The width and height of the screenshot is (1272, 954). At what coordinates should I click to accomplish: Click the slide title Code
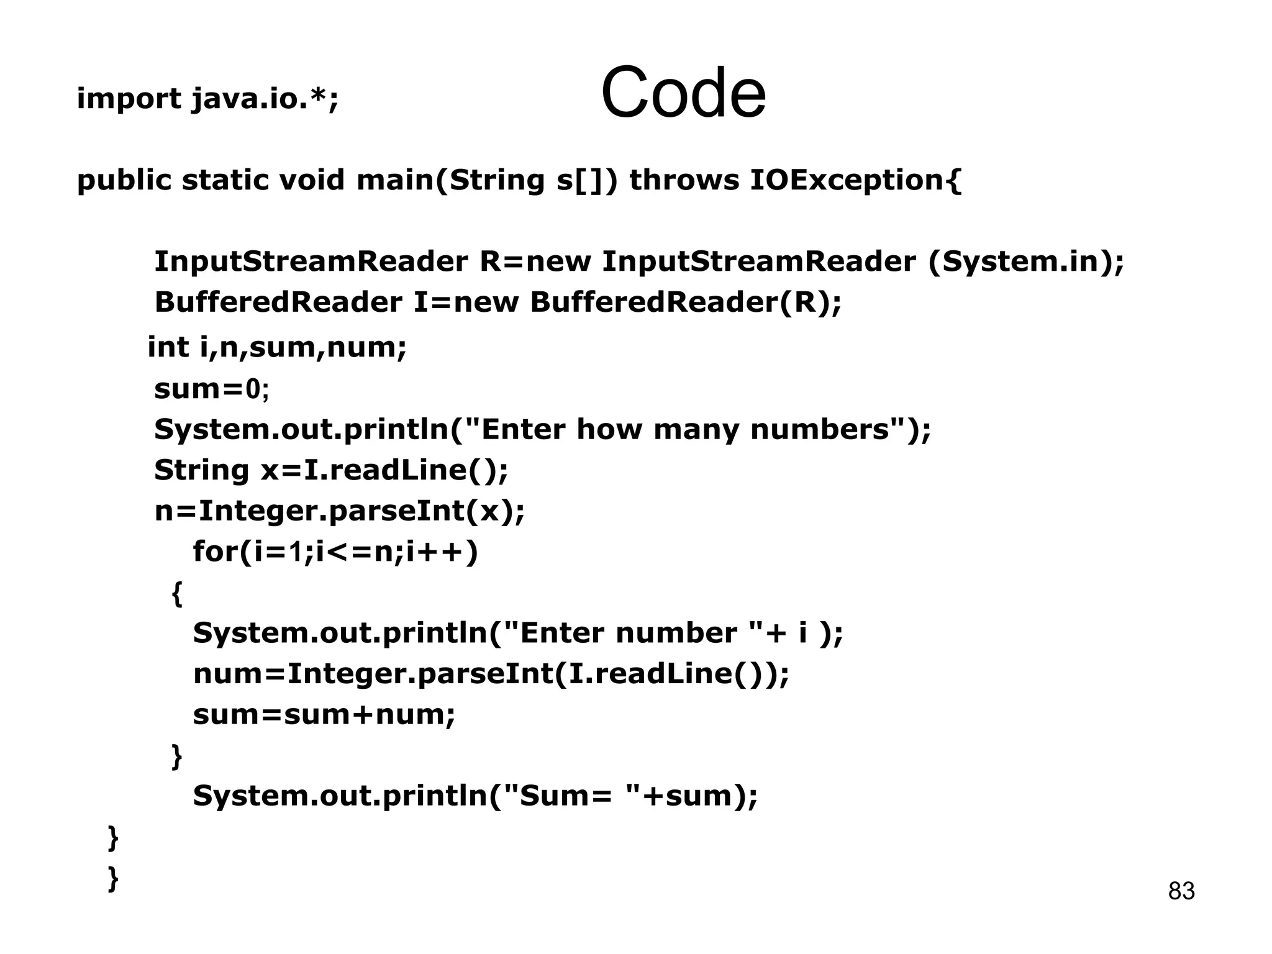[683, 93]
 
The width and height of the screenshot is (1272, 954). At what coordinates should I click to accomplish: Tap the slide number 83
[1181, 891]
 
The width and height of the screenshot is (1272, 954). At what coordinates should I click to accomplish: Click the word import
[129, 99]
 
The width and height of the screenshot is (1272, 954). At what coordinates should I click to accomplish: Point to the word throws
[684, 181]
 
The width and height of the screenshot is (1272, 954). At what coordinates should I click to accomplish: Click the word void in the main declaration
[311, 181]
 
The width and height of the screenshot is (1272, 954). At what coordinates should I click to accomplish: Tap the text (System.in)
[1025, 261]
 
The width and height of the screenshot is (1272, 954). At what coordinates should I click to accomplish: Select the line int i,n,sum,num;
[277, 347]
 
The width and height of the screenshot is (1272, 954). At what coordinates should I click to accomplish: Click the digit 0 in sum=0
[253, 389]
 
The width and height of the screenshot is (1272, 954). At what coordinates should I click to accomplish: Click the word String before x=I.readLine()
[201, 470]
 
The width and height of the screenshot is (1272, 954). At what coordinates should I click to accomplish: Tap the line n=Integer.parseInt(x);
[339, 511]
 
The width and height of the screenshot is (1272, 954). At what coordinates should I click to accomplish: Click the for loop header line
[335, 552]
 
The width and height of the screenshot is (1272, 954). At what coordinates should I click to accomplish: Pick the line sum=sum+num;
[324, 715]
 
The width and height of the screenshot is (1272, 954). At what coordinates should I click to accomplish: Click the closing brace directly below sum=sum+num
[176, 756]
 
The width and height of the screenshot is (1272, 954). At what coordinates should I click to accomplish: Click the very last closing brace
[113, 878]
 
